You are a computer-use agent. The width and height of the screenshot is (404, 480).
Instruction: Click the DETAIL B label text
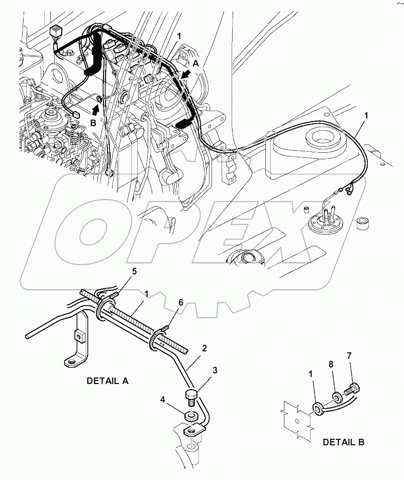coord(344,442)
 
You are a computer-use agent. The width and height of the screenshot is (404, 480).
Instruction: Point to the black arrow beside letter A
coord(185,75)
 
